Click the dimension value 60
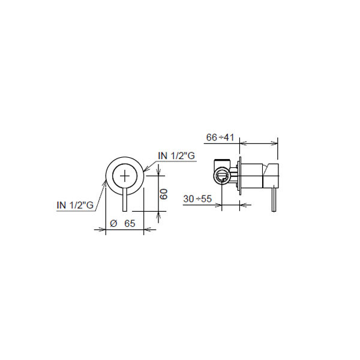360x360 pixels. pyautogui.click(x=164, y=194)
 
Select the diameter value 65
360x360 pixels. pyautogui.click(x=130, y=223)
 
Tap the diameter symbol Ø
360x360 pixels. pyautogui.click(x=113, y=223)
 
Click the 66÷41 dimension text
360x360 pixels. pyautogui.click(x=220, y=137)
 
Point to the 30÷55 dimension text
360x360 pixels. pyautogui.click(x=197, y=199)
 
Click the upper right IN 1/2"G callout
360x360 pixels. pyautogui.click(x=176, y=155)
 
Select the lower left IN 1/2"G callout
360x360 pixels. pyautogui.click(x=75, y=205)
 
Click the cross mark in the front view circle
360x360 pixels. pyautogui.click(x=125, y=176)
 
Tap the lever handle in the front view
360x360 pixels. pyautogui.click(x=125, y=200)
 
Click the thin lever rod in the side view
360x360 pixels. pyautogui.click(x=274, y=200)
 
